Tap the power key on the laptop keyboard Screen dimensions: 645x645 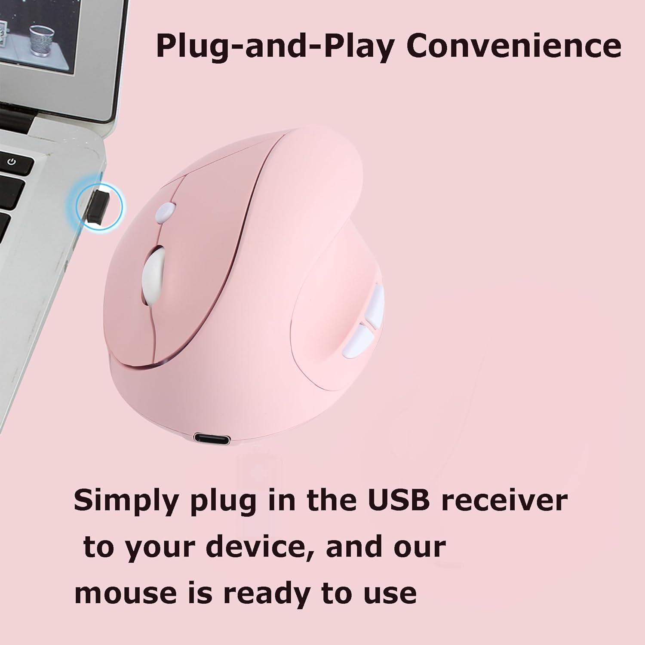(x=12, y=162)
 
